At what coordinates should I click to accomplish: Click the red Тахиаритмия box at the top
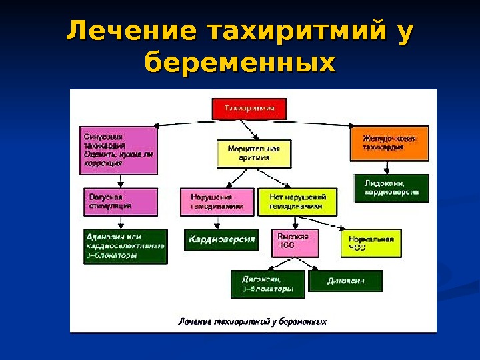coord(249,109)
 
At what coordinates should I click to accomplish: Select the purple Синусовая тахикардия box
coord(119,150)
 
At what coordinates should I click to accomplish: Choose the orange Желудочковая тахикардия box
coord(389,143)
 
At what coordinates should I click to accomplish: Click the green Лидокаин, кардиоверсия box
coord(391,187)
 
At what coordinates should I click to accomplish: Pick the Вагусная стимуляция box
coord(119,201)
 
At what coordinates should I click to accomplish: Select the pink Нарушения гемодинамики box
coord(217,201)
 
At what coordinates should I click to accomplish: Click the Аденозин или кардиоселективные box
coord(124,245)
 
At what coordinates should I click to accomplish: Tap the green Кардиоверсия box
coord(221,239)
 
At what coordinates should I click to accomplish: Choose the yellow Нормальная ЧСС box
coord(371,244)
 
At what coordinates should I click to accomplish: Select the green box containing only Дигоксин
coord(346,281)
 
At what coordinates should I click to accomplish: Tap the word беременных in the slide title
coord(240,63)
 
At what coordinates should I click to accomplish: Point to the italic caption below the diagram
coord(252,322)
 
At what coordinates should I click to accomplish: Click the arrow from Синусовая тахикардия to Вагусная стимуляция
coord(120,181)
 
